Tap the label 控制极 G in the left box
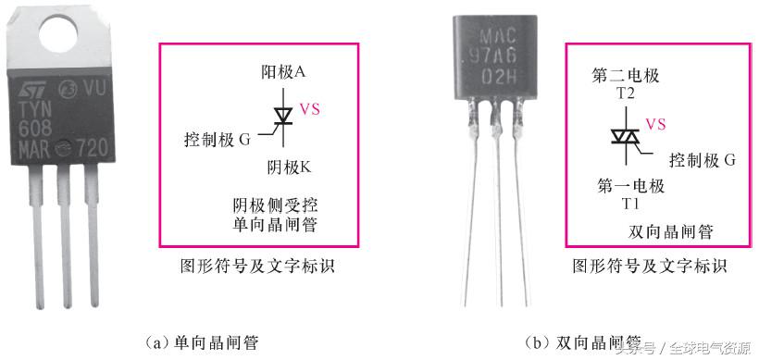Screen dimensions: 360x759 click(218, 141)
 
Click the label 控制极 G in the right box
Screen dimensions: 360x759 click(701, 159)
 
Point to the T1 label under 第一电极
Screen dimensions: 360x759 click(631, 203)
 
